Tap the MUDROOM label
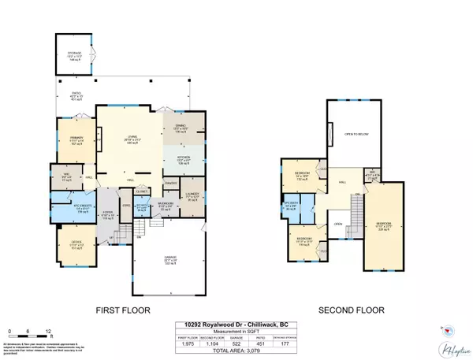164,203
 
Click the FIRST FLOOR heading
122,310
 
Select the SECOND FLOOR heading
345,310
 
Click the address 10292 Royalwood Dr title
236,325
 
